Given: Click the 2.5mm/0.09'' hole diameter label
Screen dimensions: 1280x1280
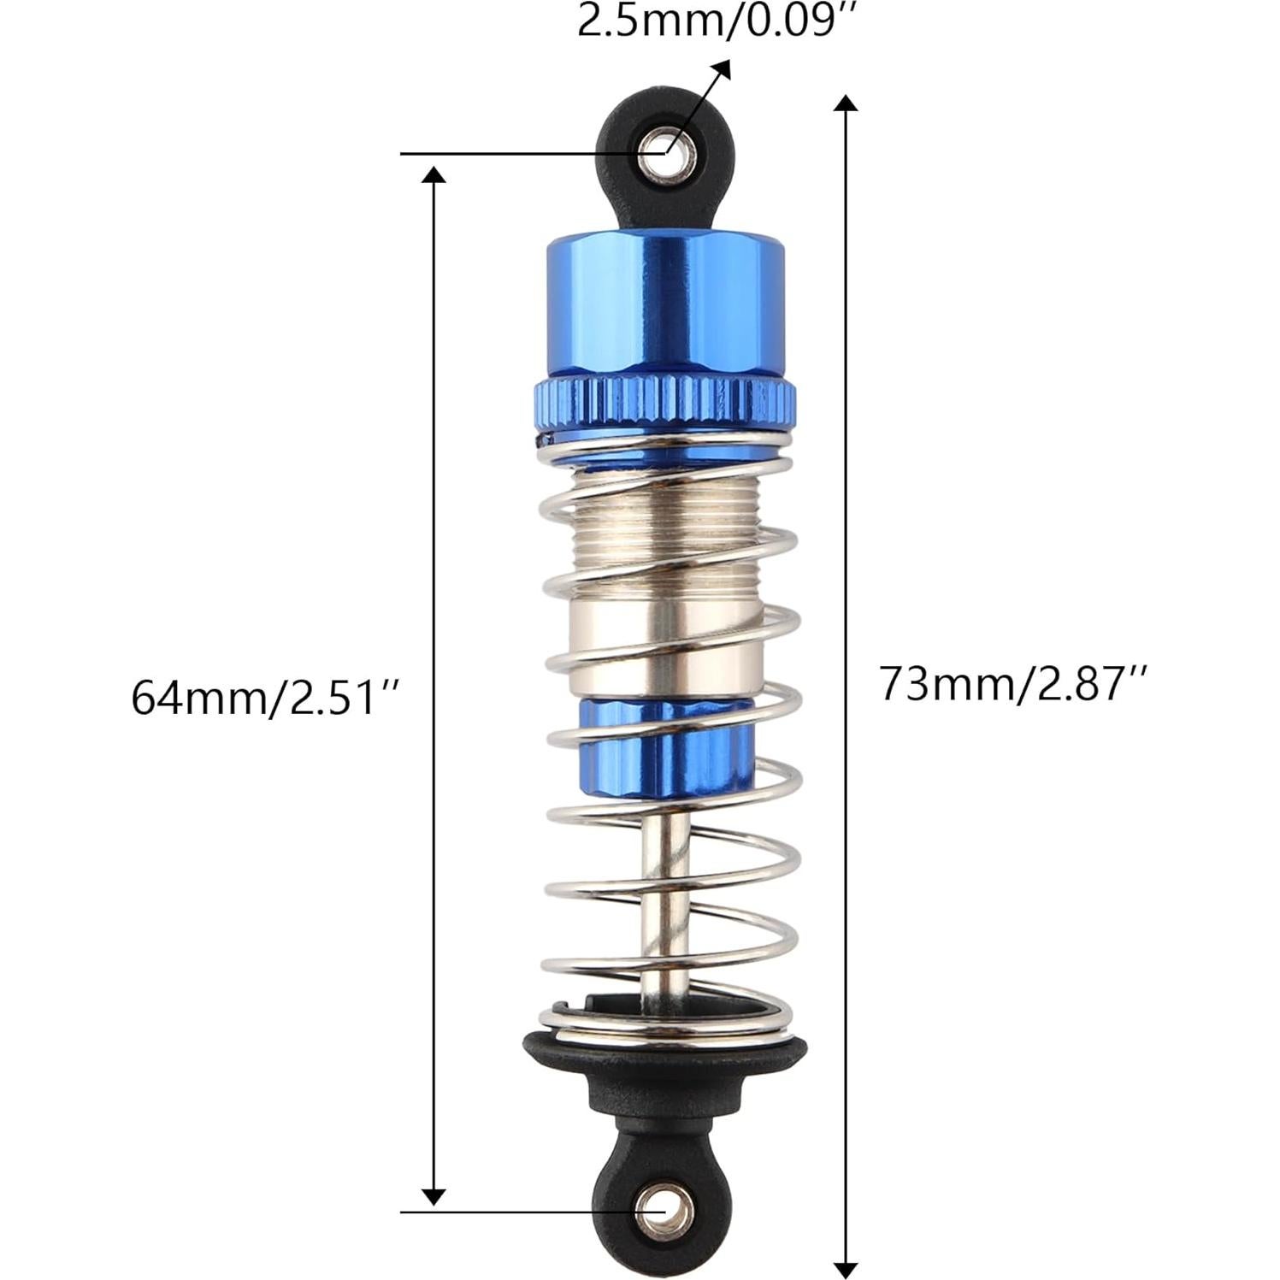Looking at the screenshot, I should [716, 22].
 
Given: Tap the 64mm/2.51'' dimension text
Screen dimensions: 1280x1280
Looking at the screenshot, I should [265, 698].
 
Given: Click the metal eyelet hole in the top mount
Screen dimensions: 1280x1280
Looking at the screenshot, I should [664, 155].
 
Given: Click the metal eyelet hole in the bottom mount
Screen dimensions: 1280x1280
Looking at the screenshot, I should [664, 1211].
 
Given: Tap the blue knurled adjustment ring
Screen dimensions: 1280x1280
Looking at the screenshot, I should [664, 399].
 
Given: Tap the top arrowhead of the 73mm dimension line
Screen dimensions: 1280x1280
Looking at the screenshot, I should [845, 104].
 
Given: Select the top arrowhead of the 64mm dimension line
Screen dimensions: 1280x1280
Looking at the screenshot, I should [434, 175].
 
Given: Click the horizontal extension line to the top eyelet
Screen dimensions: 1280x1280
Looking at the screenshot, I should [513, 155].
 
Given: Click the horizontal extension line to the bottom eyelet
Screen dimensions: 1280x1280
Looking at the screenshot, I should [513, 1212].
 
